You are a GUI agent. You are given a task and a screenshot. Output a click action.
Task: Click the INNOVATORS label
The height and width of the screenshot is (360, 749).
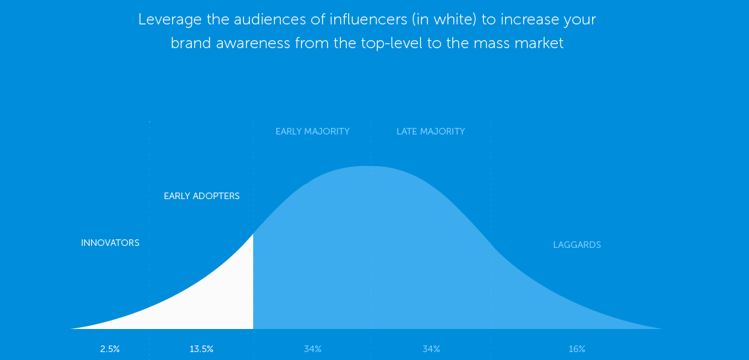coord(110,243)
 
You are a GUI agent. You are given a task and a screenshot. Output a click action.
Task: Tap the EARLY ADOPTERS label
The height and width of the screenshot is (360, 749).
coord(202,196)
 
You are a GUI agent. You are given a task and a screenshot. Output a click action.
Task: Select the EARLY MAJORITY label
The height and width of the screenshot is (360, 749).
coord(313,131)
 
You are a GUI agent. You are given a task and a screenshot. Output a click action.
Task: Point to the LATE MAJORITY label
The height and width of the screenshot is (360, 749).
coord(431,131)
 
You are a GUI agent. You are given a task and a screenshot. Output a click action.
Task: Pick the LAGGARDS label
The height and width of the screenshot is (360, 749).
coord(577,245)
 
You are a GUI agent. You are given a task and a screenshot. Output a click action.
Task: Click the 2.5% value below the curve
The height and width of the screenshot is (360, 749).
coord(110,349)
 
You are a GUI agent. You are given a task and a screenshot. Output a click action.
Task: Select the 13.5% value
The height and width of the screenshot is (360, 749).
coord(202,349)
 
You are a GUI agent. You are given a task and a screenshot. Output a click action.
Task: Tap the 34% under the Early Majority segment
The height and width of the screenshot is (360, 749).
coord(313,349)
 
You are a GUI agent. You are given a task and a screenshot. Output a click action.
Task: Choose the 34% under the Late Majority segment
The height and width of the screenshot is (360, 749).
coord(431,349)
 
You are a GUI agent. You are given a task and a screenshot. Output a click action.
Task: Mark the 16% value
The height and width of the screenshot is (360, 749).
coord(577,349)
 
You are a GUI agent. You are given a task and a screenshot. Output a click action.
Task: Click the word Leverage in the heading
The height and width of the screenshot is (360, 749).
coord(167,20)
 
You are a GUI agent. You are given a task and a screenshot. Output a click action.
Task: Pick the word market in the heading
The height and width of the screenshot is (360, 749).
coord(539,43)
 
